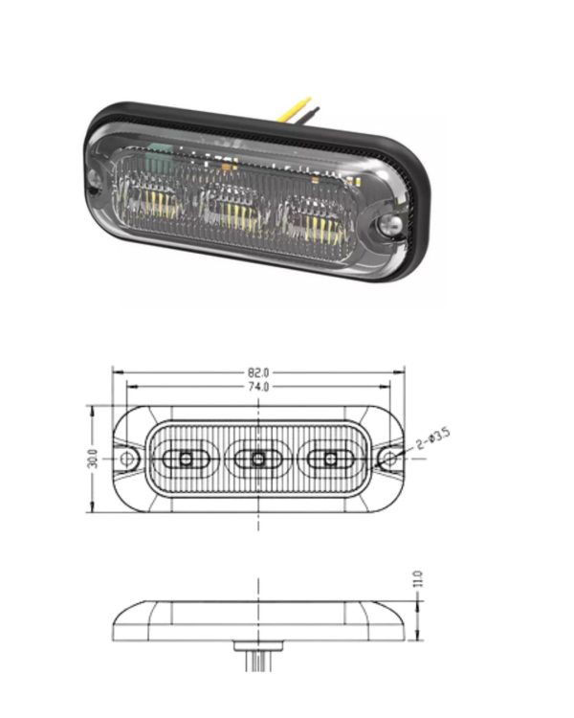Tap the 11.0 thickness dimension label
417,580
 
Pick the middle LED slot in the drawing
258,460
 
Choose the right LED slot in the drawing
331,460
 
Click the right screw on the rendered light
388,227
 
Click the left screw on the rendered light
96,178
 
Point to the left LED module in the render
158,197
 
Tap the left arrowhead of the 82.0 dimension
116,370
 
